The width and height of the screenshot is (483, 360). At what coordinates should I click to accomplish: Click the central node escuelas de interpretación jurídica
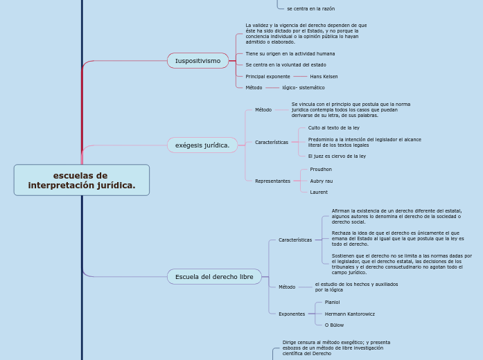82,180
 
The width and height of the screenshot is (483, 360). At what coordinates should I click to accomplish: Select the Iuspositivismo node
197,61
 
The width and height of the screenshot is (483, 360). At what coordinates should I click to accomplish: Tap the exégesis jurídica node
202,145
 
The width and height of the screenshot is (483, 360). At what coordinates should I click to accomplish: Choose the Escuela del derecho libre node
214,277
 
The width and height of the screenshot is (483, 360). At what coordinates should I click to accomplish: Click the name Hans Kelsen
324,77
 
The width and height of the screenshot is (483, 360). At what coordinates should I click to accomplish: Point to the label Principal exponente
267,77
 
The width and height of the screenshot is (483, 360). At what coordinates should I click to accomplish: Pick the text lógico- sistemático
304,88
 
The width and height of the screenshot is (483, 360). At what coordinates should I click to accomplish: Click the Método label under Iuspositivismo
254,88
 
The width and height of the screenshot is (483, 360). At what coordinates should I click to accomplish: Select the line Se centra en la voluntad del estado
286,65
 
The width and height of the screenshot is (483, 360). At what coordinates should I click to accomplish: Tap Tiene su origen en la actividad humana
290,54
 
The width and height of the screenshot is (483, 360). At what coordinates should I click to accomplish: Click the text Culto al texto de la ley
333,127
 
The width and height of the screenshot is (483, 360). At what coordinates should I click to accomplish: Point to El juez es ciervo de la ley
337,156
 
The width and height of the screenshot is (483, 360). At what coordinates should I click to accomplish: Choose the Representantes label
272,181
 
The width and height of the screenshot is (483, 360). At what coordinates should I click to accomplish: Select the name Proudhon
321,170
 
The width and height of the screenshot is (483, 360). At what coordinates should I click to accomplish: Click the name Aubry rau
322,181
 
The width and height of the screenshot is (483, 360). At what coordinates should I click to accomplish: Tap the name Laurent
319,192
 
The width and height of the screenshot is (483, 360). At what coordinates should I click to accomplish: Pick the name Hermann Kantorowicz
350,314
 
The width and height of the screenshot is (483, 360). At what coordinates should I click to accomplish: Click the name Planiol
332,303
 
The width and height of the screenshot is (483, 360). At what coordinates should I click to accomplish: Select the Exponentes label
292,314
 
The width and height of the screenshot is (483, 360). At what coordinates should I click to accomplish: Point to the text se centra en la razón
311,9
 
